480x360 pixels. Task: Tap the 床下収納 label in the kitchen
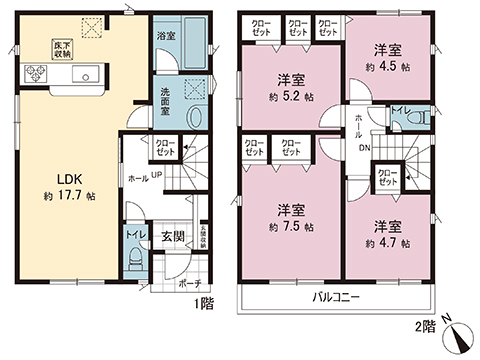[x=62, y=51]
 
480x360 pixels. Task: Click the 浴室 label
[x=167, y=35]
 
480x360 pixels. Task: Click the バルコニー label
[x=334, y=299]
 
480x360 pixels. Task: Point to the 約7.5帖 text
[x=292, y=228]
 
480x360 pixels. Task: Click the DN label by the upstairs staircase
[x=365, y=147]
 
